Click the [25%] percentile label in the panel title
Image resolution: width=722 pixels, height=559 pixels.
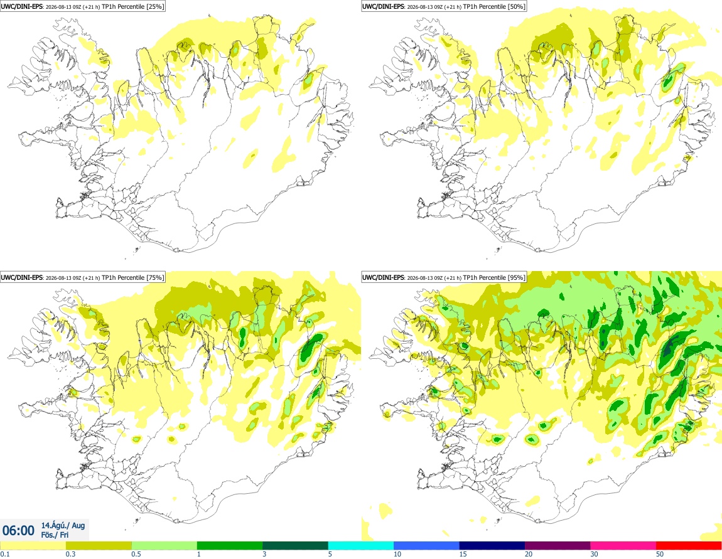coord(154,6)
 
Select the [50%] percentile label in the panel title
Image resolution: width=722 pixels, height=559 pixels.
coord(516,6)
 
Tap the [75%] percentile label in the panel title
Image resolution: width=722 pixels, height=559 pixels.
coord(154,277)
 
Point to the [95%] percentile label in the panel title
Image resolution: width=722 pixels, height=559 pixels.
coord(516,277)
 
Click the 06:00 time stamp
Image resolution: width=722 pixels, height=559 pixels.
coord(18,531)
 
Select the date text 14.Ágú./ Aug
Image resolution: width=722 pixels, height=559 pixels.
coord(63,525)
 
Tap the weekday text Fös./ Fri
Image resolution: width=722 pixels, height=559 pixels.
coord(55,535)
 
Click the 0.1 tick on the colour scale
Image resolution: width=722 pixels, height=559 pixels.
coord(4,555)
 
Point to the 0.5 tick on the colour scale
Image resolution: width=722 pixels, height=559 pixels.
coord(136,555)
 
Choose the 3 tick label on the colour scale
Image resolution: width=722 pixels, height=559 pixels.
coord(264,555)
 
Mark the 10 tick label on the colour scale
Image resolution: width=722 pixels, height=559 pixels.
coord(397,555)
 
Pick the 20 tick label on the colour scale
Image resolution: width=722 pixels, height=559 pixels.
coord(529,555)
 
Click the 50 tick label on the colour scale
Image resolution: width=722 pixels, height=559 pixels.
coord(660,555)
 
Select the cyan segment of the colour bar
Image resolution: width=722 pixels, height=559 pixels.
coord(360,546)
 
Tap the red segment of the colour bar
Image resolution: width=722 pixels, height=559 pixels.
coord(689,546)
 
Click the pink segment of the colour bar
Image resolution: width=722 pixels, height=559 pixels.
coord(623,546)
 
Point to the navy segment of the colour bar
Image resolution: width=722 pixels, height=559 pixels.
coord(492,546)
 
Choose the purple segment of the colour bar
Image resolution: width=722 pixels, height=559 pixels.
coord(558,546)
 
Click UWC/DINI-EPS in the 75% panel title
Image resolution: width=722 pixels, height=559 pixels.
coord(21,277)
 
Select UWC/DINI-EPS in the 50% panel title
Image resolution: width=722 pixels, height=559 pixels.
coord(383,6)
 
